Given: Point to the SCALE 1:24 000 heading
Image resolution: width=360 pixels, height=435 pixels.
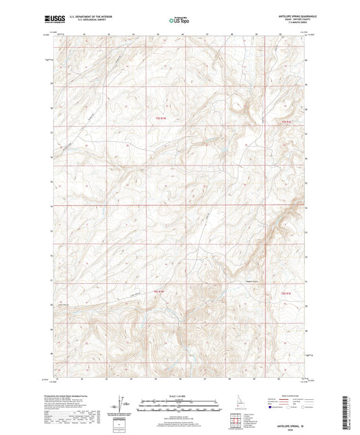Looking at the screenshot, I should pos(180,396).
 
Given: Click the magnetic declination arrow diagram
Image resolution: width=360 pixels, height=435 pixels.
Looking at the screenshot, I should pos(121,403).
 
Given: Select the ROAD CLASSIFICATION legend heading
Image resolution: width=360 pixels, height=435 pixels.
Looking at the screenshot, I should pos(291,396).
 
